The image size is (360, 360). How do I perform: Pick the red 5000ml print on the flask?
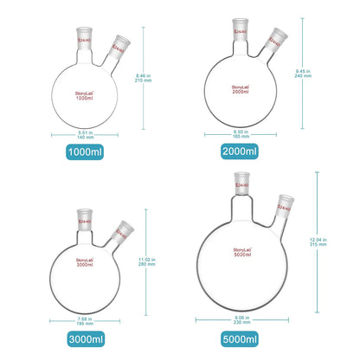238,258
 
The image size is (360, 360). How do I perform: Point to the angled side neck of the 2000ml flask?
274,41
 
